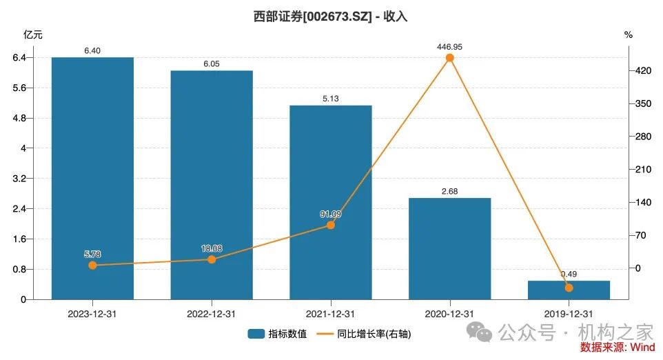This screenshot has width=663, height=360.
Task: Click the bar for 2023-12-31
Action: click(x=92, y=178)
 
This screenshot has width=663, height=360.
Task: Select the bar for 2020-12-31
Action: click(x=449, y=248)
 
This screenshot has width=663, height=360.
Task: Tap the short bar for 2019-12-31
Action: click(x=569, y=290)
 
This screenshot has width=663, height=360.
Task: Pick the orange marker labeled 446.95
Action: click(x=449, y=58)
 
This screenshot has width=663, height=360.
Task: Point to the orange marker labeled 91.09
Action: click(x=330, y=225)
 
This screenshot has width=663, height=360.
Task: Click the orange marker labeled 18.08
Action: click(x=212, y=259)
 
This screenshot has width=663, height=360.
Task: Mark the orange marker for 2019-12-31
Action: click(x=569, y=288)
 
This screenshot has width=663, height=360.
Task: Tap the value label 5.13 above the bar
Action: click(x=330, y=99)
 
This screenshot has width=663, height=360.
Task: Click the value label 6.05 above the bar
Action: click(x=212, y=63)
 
